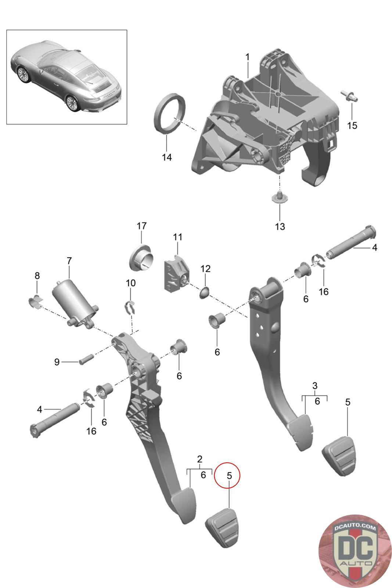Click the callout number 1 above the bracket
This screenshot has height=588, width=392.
247,57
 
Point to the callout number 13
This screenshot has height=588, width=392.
280,226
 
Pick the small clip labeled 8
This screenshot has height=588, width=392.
35,302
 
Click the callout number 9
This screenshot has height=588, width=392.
57,362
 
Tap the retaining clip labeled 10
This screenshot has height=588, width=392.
130,307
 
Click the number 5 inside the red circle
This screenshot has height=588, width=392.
229,475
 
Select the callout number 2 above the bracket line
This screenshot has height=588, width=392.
199,459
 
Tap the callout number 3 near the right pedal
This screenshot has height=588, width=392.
315,386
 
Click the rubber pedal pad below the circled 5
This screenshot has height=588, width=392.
223,527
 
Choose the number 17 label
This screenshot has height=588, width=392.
142,226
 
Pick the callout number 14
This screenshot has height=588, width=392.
167,157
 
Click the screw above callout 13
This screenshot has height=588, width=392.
280,197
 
